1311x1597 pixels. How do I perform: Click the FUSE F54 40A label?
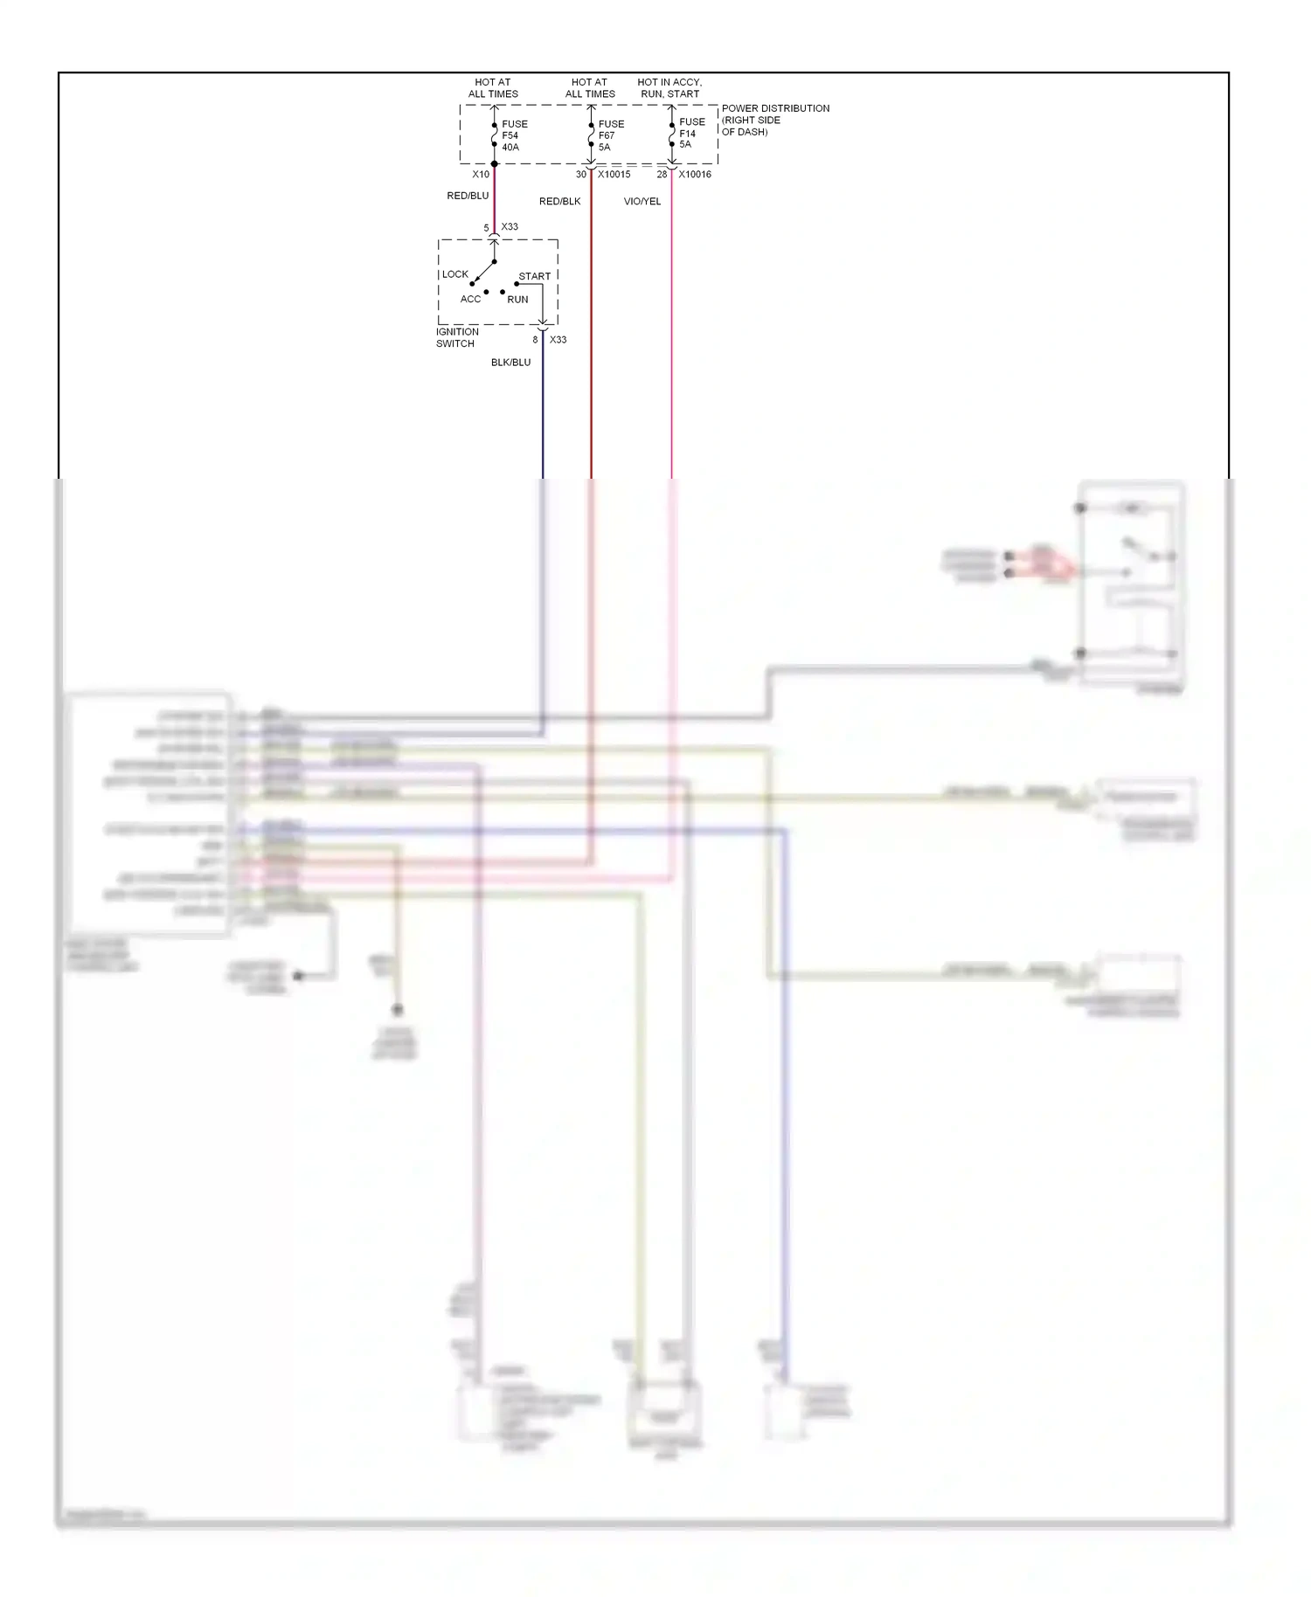(x=514, y=135)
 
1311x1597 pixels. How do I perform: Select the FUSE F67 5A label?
(x=610, y=135)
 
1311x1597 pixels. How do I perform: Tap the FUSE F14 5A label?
(x=691, y=133)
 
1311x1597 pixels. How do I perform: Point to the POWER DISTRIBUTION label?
(x=774, y=120)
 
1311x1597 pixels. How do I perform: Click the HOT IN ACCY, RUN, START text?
(x=669, y=88)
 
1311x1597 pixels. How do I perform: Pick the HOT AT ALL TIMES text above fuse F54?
(x=493, y=88)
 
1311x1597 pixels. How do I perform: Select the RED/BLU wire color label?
(x=468, y=196)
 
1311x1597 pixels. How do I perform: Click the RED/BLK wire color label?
(x=559, y=202)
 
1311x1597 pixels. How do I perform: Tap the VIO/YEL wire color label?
(x=642, y=202)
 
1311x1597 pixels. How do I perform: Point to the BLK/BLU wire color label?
(x=510, y=363)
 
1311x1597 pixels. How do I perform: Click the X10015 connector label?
(x=614, y=175)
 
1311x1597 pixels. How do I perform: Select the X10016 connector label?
(x=695, y=175)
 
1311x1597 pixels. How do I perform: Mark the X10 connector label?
(x=481, y=175)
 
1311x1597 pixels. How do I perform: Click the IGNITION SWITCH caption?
(x=457, y=338)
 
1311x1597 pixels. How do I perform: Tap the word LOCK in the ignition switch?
(x=454, y=274)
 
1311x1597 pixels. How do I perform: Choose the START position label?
(x=534, y=276)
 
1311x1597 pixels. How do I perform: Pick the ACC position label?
(x=470, y=300)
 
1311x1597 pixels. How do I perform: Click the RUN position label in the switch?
(x=517, y=300)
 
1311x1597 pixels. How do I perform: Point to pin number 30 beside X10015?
(x=581, y=175)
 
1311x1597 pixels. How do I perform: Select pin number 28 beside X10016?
(x=662, y=175)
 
